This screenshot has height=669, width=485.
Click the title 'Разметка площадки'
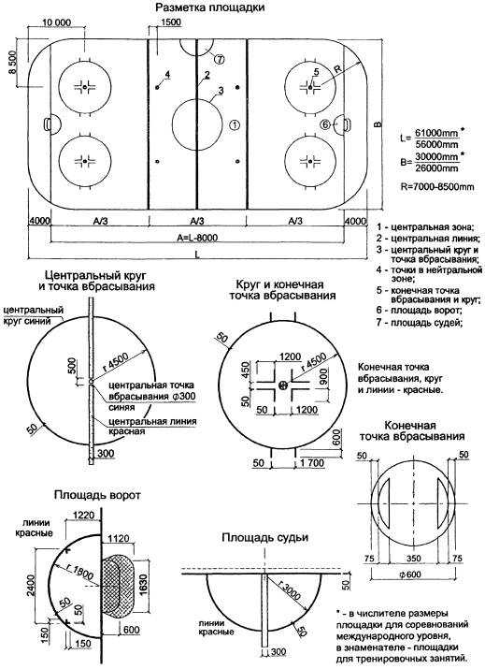coord(209,7)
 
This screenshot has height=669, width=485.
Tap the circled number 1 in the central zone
coord(235,124)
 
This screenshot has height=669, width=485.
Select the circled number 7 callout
coord(219,59)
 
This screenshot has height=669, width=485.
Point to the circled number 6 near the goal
coord(325,124)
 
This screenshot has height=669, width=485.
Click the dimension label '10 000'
coord(57,22)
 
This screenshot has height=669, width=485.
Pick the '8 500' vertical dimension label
coord(12,63)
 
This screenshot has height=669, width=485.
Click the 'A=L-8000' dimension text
coord(196,238)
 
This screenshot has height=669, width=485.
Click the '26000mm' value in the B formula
coord(436,168)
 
